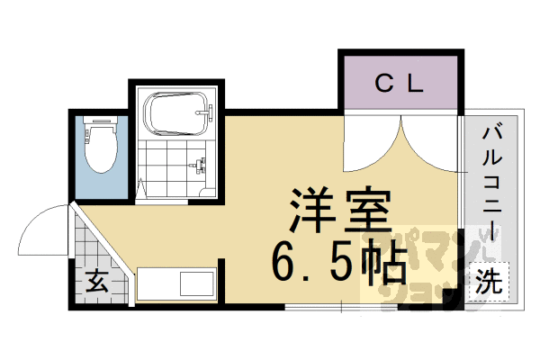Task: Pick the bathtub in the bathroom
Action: [178, 113]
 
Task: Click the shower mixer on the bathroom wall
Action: [200, 166]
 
